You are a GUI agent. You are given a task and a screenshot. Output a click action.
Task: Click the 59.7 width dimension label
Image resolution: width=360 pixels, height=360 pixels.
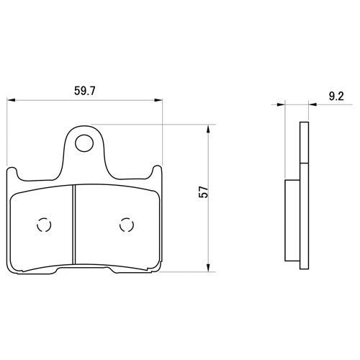tap(85, 91)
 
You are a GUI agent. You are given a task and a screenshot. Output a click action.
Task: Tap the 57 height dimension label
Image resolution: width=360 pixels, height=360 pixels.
tap(204, 192)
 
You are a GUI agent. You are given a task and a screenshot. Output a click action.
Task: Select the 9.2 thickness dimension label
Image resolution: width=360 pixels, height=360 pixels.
tap(336, 96)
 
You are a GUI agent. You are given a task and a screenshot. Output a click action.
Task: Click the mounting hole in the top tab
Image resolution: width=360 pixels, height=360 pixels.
tap(84, 143)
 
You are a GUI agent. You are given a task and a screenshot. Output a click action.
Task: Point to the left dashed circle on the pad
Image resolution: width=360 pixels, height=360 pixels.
tap(44, 225)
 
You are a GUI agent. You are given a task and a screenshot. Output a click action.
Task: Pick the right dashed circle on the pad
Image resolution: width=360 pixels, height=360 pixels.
tap(127, 225)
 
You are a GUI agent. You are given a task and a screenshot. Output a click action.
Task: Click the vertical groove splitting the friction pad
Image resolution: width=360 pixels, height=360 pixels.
tap(74, 224)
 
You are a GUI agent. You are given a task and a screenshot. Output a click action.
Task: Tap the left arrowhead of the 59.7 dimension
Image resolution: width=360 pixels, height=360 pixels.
tap(11, 100)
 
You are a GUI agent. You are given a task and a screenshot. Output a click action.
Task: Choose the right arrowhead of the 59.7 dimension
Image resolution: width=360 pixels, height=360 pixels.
tap(158, 100)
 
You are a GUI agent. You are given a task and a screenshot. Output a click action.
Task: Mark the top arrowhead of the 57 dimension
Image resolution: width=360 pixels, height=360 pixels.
tap(208, 129)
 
